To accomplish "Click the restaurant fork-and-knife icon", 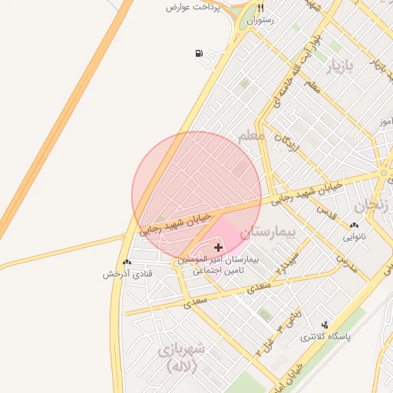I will click(x=261, y=8).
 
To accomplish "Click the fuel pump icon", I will click(x=200, y=53).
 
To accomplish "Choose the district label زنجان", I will click(x=372, y=206).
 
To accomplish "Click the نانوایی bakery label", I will click(x=354, y=237).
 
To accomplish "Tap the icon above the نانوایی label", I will click(x=354, y=226).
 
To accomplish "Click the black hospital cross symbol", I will click(x=219, y=247).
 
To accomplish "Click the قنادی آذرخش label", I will click(x=128, y=273).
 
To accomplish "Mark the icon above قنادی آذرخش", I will click(x=127, y=262).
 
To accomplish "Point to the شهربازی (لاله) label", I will click(x=182, y=357).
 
